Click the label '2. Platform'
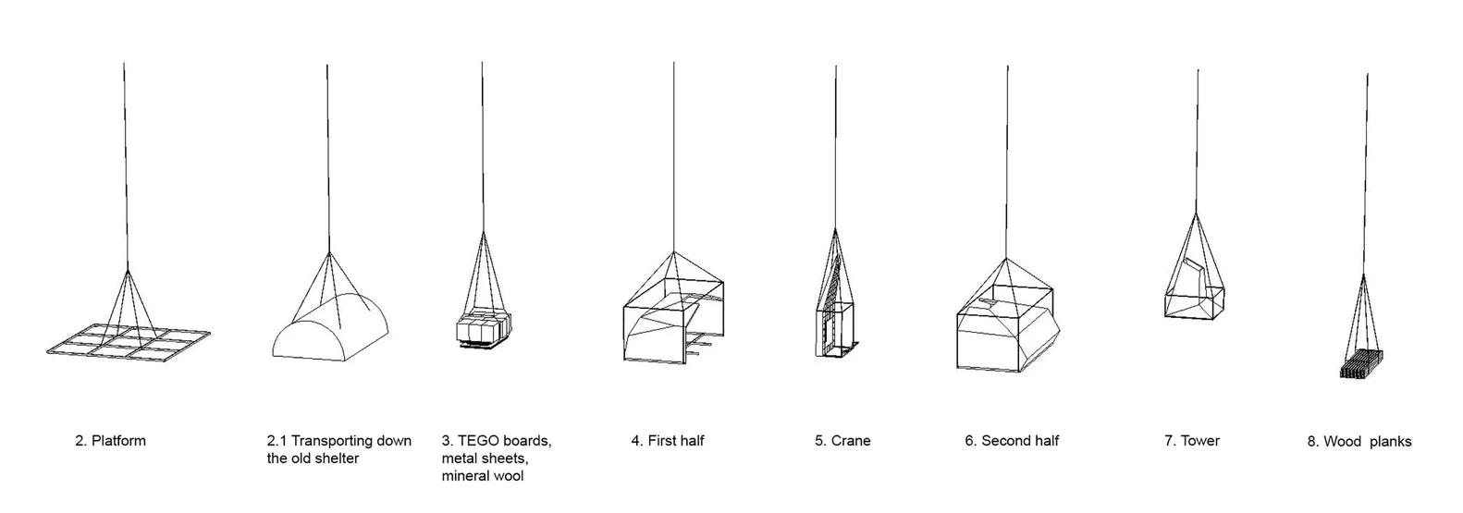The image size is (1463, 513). (110, 441)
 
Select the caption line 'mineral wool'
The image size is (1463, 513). (482, 476)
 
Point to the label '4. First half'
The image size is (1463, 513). (668, 441)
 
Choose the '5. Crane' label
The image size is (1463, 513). (842, 441)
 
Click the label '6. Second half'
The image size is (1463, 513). (1012, 441)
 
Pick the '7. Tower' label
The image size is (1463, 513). (1192, 441)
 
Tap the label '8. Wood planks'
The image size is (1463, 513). (1359, 442)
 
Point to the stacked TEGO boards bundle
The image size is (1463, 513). (483, 328)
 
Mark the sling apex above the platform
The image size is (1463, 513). (127, 269)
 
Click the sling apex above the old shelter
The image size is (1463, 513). (327, 251)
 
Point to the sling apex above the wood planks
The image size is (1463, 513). (1364, 275)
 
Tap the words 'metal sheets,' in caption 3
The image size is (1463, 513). (486, 458)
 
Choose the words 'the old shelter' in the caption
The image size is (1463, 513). (313, 458)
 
